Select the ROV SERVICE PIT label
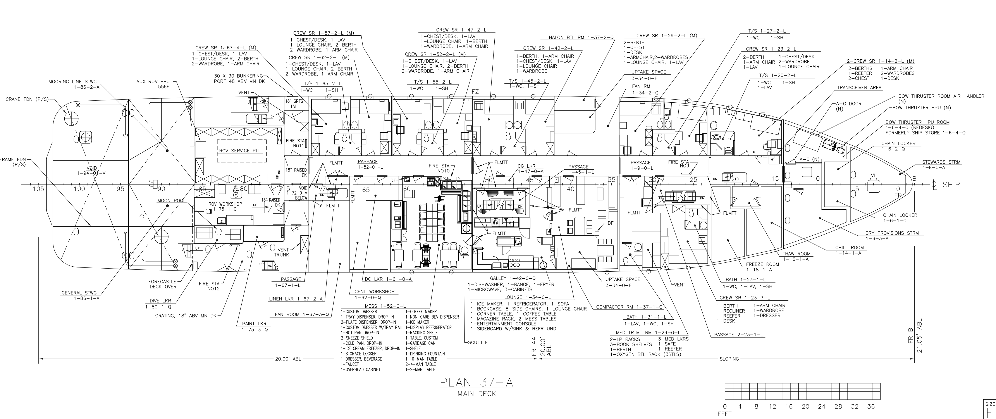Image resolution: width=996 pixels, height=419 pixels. click(239, 151)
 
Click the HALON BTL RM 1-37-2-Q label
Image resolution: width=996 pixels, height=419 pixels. click(581, 38)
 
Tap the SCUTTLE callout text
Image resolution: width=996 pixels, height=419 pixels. click(478, 342)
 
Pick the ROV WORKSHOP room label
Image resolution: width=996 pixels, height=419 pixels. click(225, 204)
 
